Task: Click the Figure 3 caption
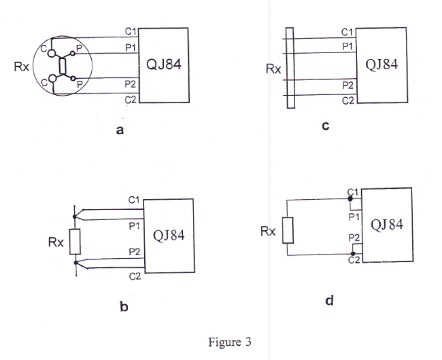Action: (x=229, y=342)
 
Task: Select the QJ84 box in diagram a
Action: (x=163, y=66)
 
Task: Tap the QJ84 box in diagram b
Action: (x=169, y=235)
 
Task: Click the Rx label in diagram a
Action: (x=21, y=68)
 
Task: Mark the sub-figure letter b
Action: (x=124, y=306)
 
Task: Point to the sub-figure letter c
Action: (x=326, y=126)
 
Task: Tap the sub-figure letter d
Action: (x=329, y=299)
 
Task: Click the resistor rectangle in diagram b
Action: (x=75, y=242)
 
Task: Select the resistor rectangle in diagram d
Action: (x=288, y=230)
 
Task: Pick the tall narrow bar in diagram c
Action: (x=290, y=67)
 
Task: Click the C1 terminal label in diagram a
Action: (x=131, y=32)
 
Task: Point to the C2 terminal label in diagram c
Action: (x=347, y=101)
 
